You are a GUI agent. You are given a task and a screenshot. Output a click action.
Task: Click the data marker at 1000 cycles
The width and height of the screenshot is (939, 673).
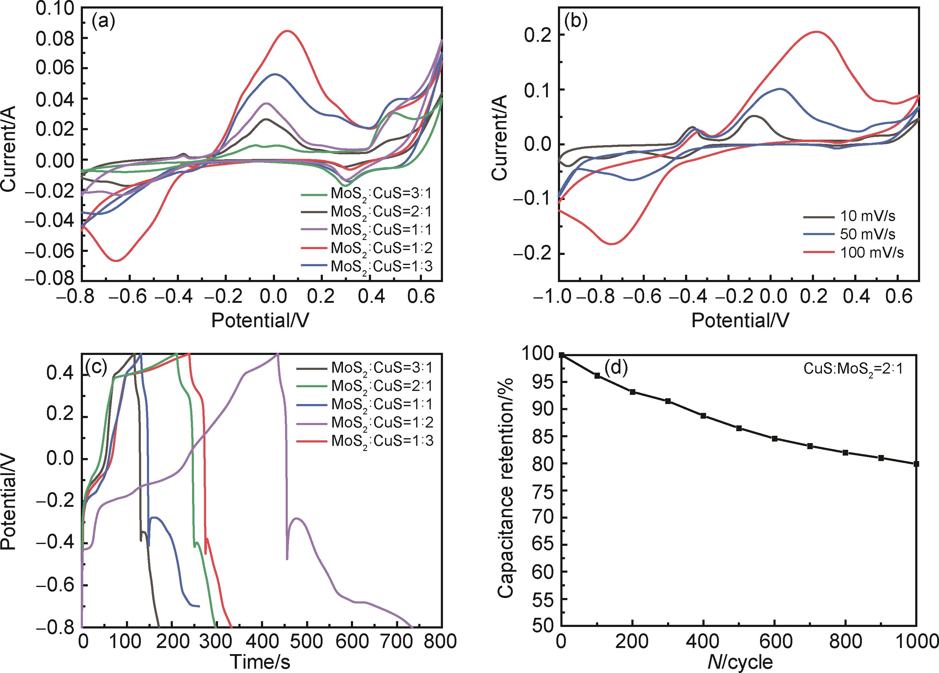[x=916, y=464]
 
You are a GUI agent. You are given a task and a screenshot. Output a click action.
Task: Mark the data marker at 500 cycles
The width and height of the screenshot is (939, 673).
[x=739, y=428]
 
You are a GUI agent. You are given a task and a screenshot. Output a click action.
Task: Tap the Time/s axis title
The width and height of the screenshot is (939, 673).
[x=260, y=662]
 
